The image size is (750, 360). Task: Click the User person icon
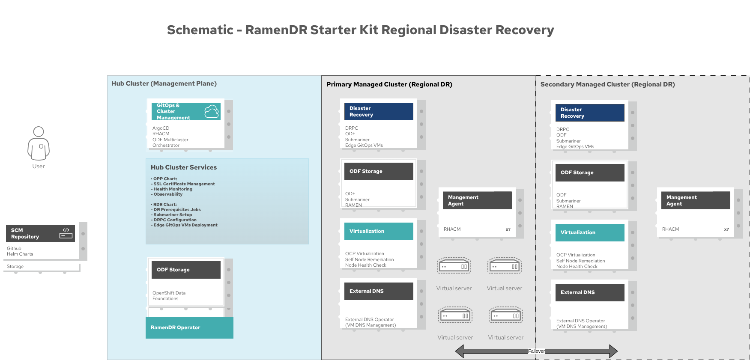[39, 143]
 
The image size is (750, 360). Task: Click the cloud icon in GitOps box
[212, 111]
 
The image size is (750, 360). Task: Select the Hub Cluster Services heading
[183, 167]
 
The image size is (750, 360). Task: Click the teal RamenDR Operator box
[189, 327]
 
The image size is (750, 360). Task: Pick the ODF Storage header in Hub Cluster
[186, 270]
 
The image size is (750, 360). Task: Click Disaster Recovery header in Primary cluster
[379, 111]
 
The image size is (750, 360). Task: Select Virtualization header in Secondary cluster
[590, 232]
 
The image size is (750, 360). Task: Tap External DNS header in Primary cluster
[379, 291]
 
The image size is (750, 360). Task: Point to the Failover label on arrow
[536, 351]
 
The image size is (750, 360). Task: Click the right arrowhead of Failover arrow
[613, 351]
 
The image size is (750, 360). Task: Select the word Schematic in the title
[200, 30]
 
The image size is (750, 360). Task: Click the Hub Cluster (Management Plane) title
[164, 83]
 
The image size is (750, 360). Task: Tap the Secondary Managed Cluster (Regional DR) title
[607, 84]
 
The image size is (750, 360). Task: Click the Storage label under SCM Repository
[15, 266]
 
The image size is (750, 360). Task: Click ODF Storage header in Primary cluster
[379, 171]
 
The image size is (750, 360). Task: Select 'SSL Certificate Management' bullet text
[184, 184]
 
